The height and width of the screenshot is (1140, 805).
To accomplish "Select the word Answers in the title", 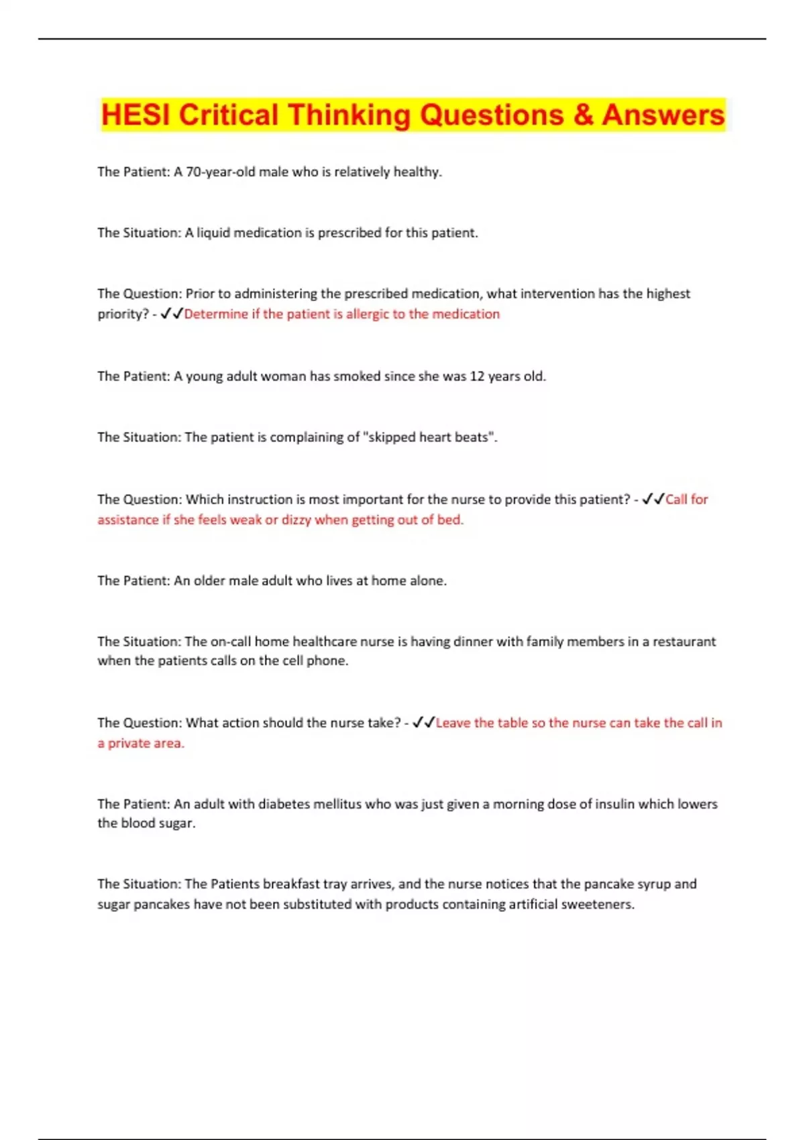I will [663, 115].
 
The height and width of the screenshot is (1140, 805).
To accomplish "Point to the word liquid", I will [213, 233].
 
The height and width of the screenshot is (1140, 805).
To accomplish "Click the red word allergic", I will [368, 314].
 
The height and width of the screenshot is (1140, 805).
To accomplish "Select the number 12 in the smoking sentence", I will [477, 376].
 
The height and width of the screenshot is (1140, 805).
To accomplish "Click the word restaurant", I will [684, 642].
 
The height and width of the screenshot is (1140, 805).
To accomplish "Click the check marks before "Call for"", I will [653, 499].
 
